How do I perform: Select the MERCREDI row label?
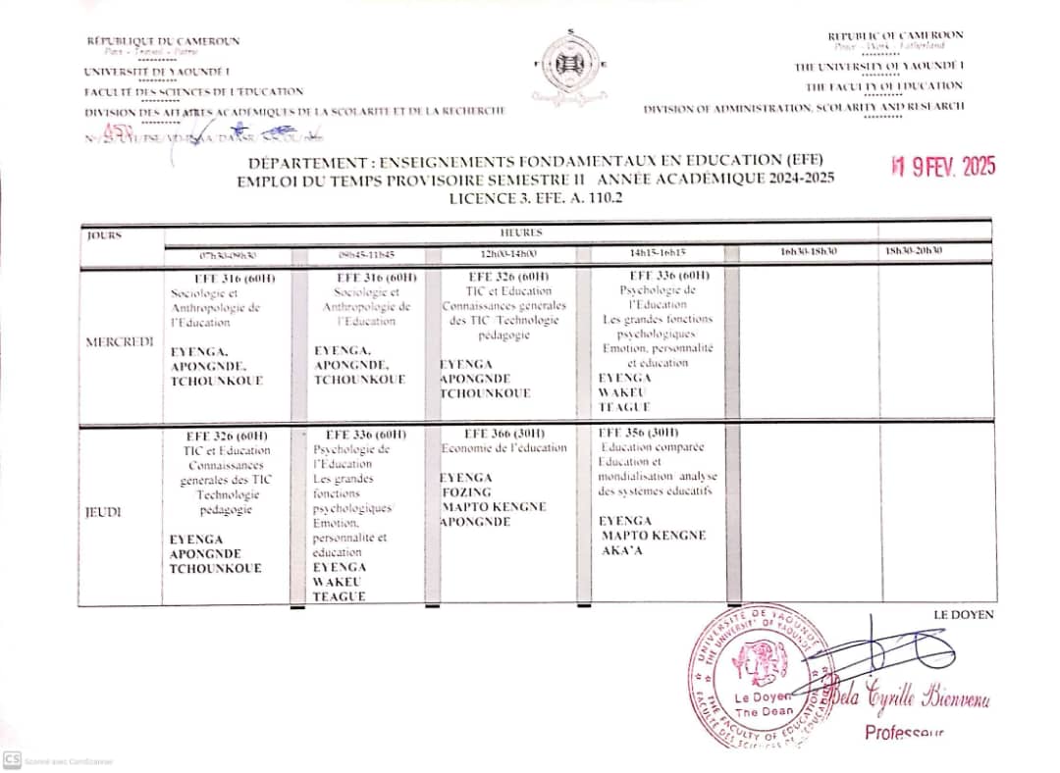tap(119, 341)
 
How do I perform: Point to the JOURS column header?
tap(104, 235)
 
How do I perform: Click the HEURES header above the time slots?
tap(520, 233)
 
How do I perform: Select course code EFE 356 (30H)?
tap(638, 433)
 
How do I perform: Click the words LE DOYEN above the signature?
tap(964, 615)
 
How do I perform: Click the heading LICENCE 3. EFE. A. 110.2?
tap(536, 197)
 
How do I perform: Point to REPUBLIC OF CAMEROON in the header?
tap(895, 35)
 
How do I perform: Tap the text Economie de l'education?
tap(503, 448)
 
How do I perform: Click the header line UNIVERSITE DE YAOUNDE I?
tap(157, 72)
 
